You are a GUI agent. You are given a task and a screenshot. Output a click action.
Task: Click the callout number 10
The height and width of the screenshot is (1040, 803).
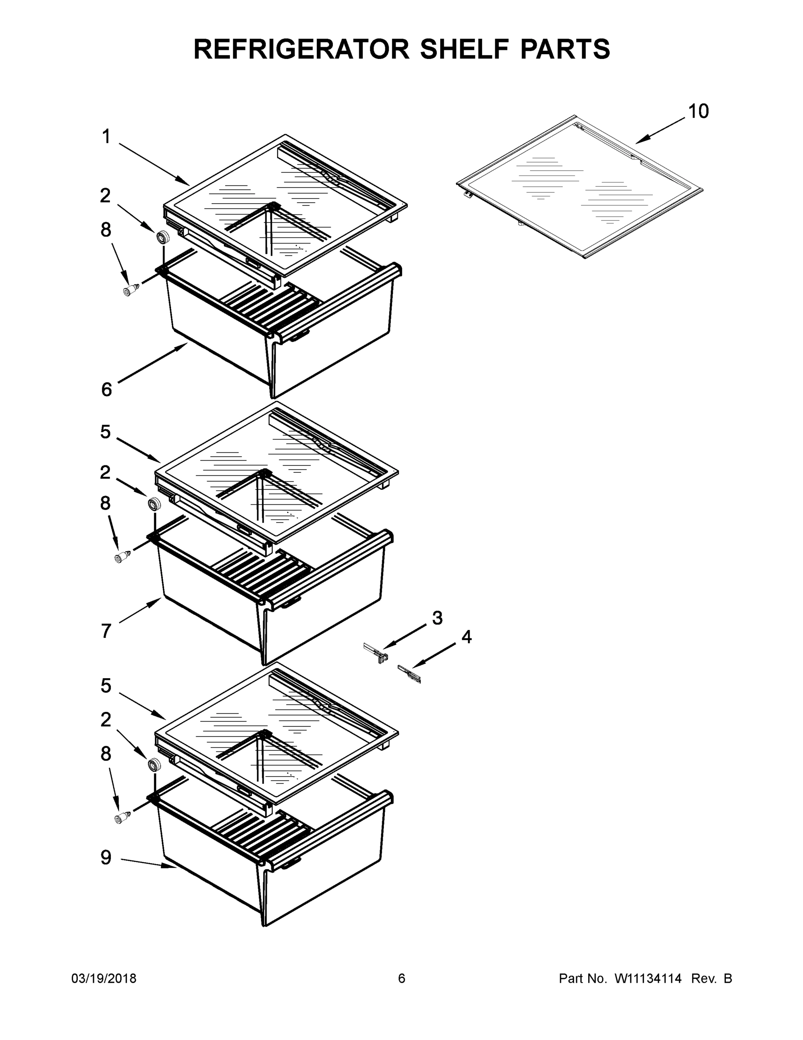click(698, 111)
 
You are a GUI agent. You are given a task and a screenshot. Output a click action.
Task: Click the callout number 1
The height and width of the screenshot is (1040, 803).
click(106, 137)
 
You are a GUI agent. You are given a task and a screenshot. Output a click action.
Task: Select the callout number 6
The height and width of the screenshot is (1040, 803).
click(106, 390)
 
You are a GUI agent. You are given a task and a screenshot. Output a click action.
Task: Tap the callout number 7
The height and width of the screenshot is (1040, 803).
click(106, 631)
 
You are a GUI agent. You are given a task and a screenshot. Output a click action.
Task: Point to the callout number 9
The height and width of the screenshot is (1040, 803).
click(106, 857)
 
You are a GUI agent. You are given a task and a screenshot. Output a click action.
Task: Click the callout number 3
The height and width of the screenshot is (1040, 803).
click(437, 618)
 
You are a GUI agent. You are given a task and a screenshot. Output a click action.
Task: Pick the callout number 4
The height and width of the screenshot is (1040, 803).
click(467, 637)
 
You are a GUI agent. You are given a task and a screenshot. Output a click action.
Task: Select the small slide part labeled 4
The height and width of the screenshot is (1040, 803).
click(410, 674)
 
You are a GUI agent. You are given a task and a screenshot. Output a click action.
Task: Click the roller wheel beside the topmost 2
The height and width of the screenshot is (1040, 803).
click(163, 237)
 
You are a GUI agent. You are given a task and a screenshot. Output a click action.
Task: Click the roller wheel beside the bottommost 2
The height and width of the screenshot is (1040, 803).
click(154, 765)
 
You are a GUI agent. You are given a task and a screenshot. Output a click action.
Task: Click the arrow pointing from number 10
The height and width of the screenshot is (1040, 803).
click(661, 130)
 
